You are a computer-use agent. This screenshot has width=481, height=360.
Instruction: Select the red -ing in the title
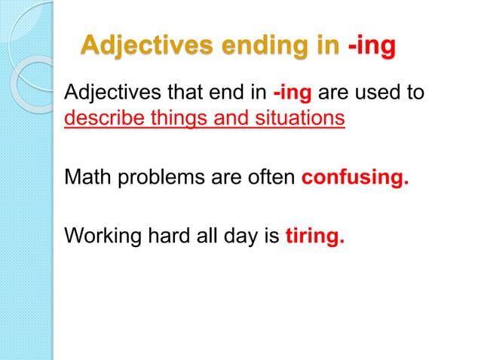pyautogui.click(x=372, y=45)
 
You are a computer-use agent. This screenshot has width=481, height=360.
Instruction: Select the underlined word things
pyautogui.click(x=173, y=119)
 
